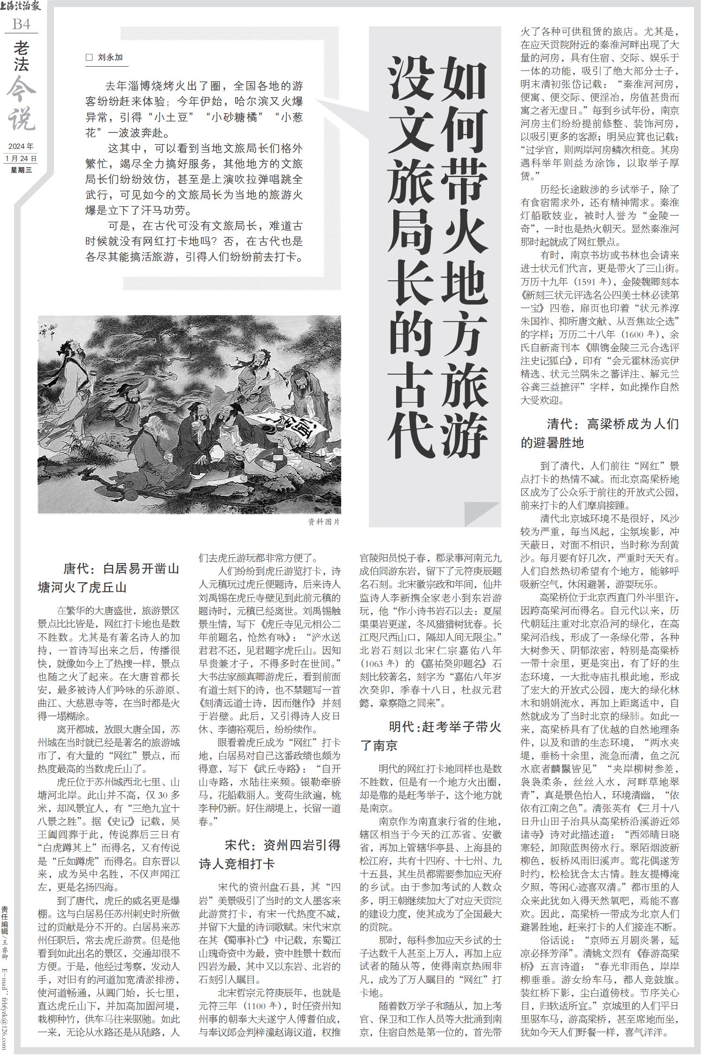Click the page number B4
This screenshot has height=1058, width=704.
point(22,24)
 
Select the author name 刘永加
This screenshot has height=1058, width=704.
point(110,58)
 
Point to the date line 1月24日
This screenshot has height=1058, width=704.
point(21,158)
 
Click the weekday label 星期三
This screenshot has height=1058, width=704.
point(21,170)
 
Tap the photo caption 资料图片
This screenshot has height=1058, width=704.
point(323,522)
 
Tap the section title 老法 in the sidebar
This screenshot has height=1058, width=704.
point(22,56)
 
